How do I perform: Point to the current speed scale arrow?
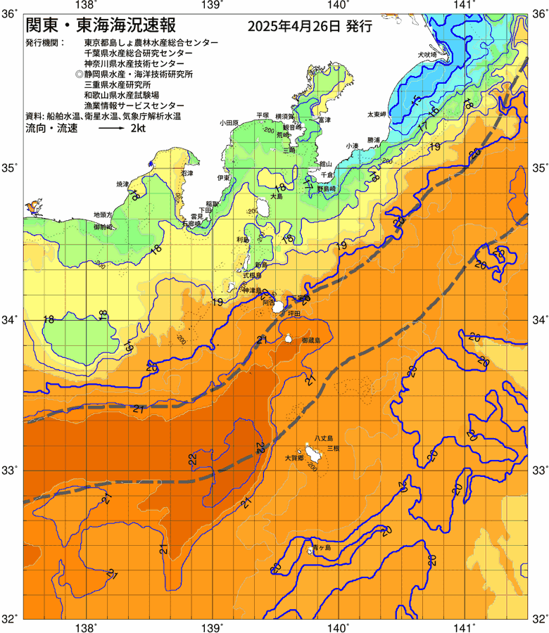tap(111, 129)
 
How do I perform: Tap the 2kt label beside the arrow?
tap(138, 129)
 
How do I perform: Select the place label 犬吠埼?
tap(427, 54)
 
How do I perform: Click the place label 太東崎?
tap(376, 114)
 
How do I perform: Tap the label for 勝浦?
tap(373, 139)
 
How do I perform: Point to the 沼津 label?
tap(187, 173)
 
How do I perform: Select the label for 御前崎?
tap(103, 227)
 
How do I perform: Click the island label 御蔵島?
tap(310, 340)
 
